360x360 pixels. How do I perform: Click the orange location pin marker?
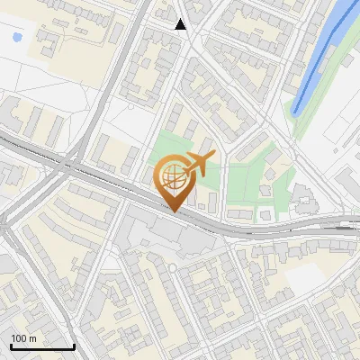[x=173, y=180]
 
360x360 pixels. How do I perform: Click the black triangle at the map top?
[x=181, y=24]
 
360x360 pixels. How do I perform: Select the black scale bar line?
[x=42, y=346]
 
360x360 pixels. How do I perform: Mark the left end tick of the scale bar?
[x=11, y=345]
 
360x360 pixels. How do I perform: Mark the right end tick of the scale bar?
[x=74, y=345]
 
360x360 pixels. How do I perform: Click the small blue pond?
[x=17, y=38]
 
